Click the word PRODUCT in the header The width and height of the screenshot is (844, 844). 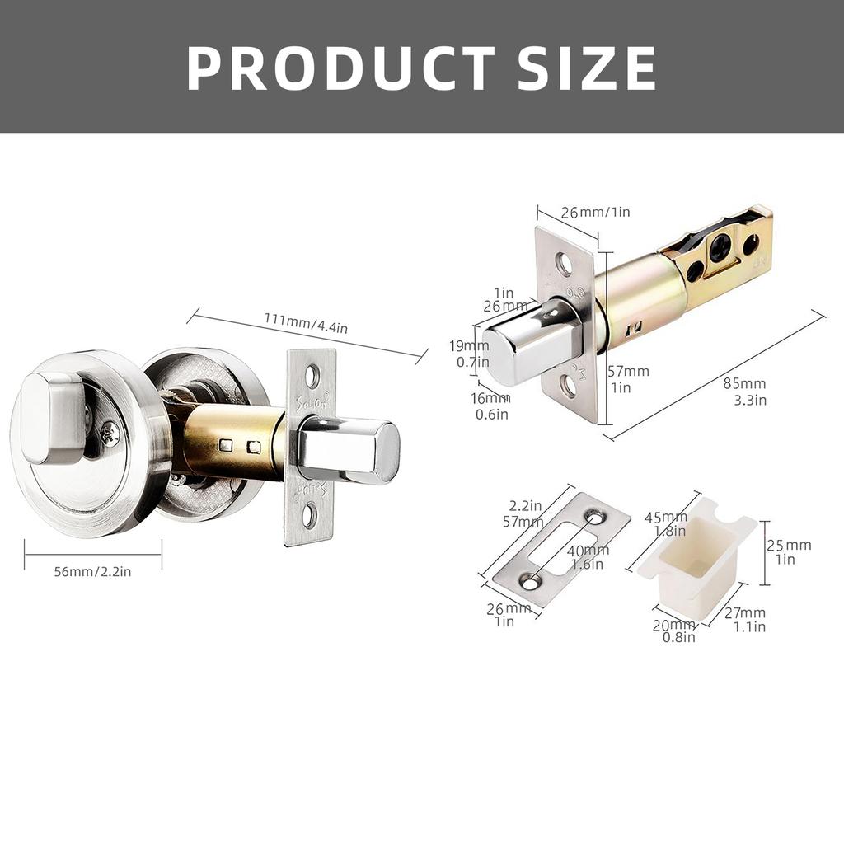(x=340, y=68)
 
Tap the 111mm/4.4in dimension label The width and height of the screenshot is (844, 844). (x=306, y=323)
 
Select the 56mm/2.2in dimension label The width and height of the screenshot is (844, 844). (x=92, y=571)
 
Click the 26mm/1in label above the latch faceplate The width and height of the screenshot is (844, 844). (x=595, y=212)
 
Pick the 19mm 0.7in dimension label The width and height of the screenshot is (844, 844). (x=473, y=354)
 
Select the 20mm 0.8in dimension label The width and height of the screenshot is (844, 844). (x=673, y=631)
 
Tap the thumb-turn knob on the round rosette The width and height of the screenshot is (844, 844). (x=51, y=416)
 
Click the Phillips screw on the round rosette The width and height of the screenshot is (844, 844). (x=110, y=431)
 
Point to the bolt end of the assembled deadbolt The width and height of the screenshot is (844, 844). (x=384, y=450)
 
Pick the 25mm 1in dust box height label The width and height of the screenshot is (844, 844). (x=788, y=551)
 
